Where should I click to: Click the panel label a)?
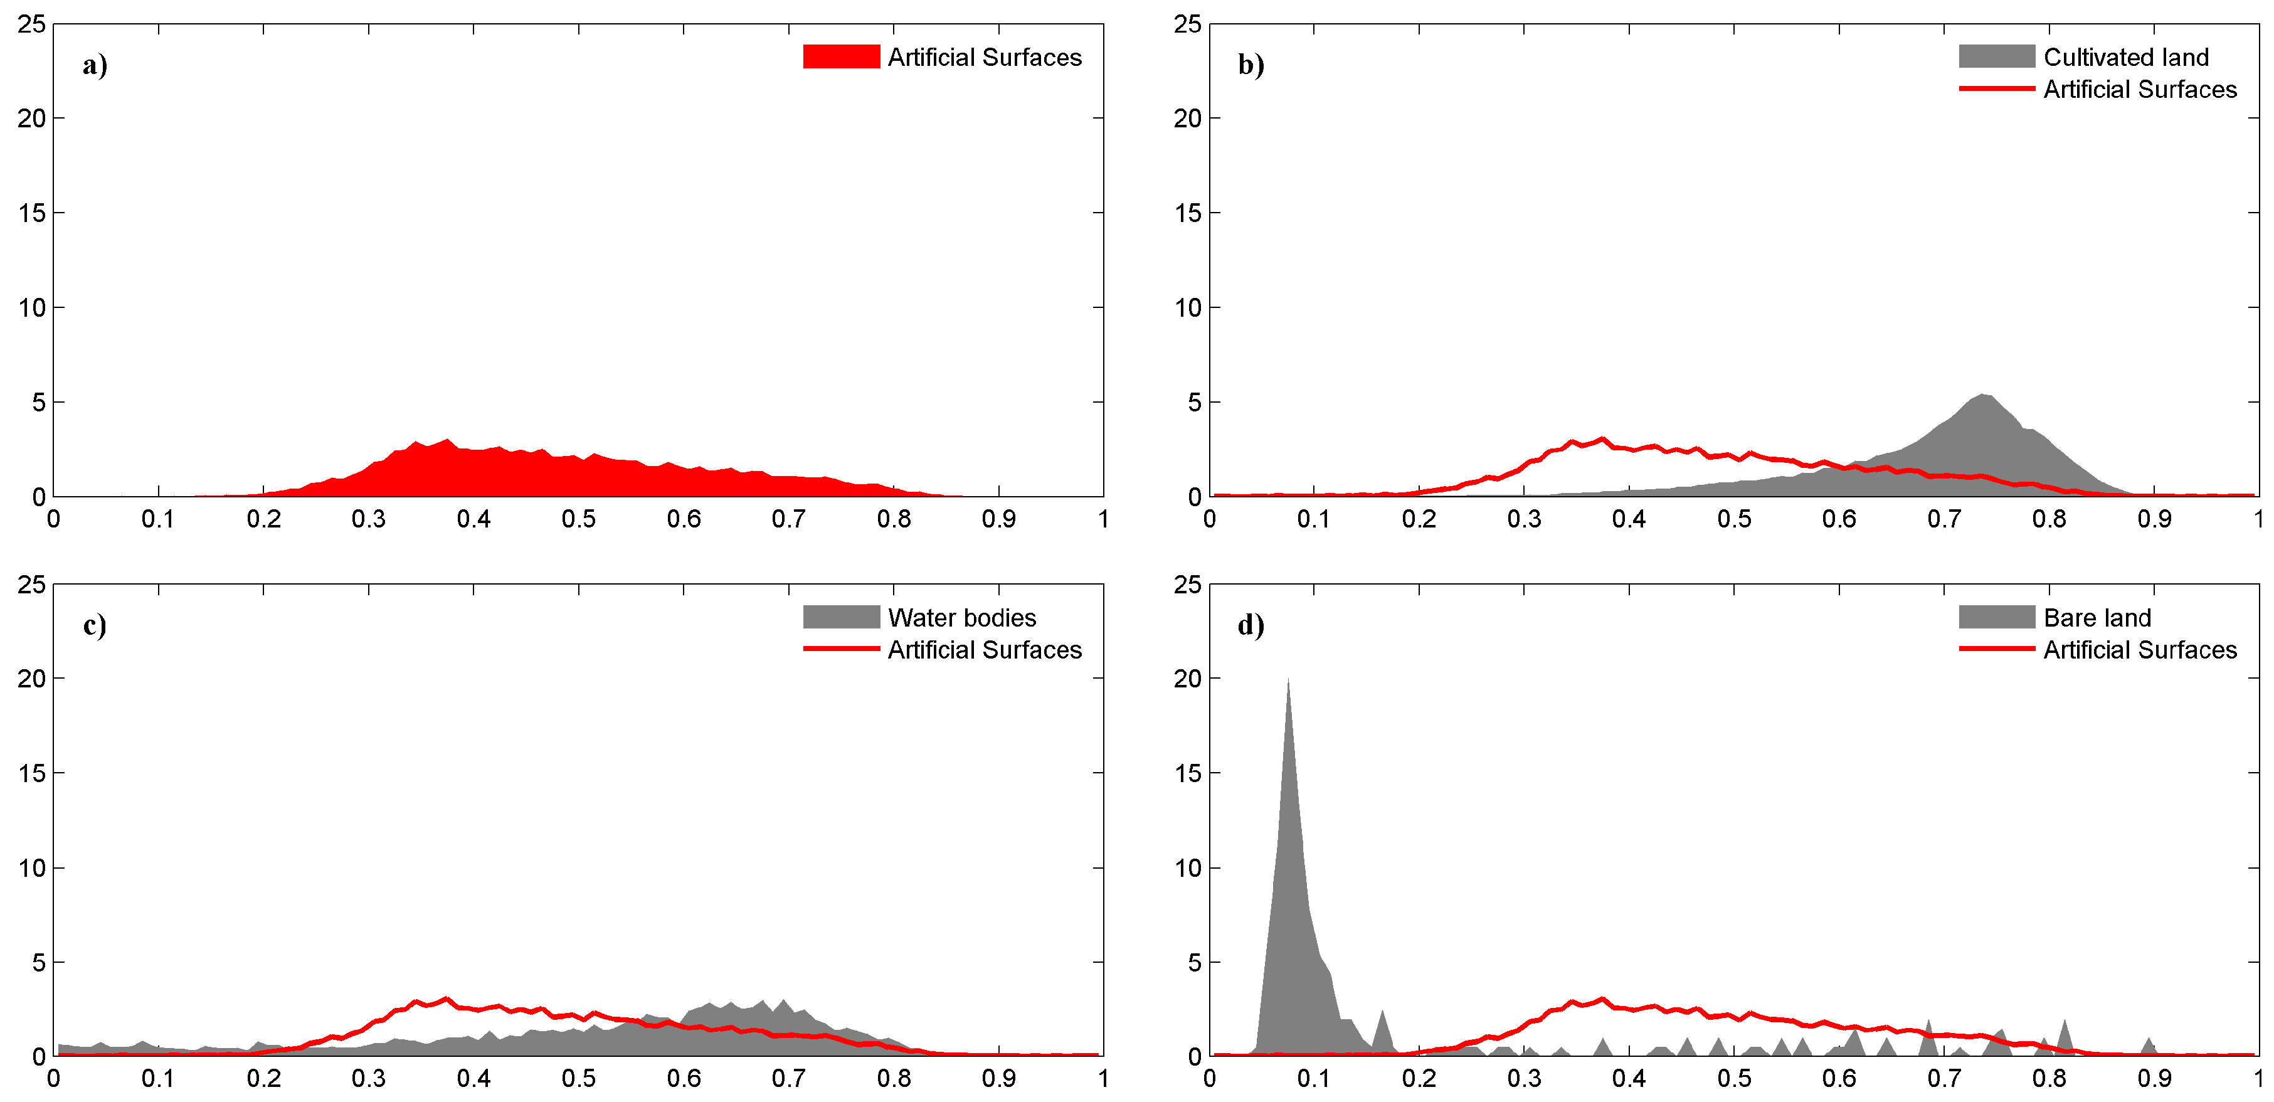click(95, 65)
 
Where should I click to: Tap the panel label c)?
click(95, 625)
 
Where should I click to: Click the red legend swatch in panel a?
click(840, 56)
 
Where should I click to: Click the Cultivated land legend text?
click(2126, 58)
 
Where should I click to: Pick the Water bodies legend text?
click(961, 617)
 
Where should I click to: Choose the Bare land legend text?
click(2097, 617)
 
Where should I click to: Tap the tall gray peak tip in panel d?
click(1288, 680)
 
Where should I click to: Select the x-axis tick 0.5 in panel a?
click(578, 519)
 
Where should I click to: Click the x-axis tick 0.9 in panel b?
click(2154, 519)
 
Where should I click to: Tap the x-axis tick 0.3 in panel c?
click(368, 1079)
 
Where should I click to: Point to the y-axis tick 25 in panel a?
click(32, 24)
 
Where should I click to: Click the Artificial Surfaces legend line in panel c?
click(840, 649)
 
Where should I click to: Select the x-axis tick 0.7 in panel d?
click(1944, 1079)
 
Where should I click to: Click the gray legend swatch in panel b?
click(1996, 56)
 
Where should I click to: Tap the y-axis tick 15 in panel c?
click(32, 773)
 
